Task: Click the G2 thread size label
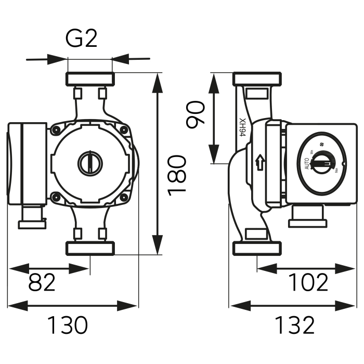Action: pos(82,40)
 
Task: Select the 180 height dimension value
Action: pos(178,174)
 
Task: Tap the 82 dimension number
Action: pos(42,283)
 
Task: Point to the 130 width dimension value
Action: pos(68,326)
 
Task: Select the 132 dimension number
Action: pos(295,326)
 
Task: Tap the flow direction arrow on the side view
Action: pos(258,163)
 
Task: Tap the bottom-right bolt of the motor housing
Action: pos(124,197)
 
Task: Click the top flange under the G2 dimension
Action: pos(89,80)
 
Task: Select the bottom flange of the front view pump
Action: pos(89,248)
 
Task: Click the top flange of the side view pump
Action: pos(257,80)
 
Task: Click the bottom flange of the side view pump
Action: pos(257,248)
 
